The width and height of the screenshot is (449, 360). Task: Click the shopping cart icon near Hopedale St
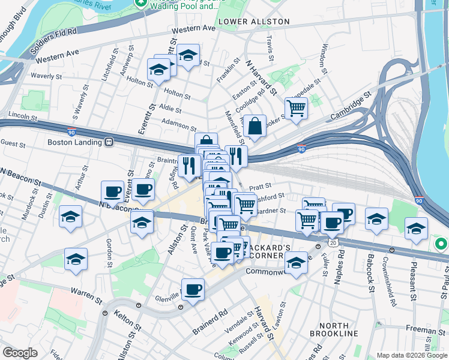[x=296, y=109]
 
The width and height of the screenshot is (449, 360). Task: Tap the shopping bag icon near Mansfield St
[x=255, y=127]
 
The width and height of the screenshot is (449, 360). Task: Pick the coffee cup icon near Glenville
[x=194, y=290]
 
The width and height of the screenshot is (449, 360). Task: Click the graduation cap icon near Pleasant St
[x=416, y=229]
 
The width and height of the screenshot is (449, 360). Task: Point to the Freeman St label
[x=424, y=328]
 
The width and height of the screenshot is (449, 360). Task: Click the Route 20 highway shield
[x=332, y=241]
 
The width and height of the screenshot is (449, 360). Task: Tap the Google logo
[x=20, y=352]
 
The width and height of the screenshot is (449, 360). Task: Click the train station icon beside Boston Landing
[x=109, y=143]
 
